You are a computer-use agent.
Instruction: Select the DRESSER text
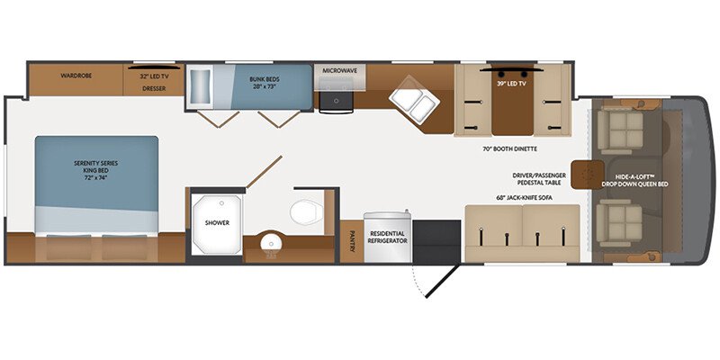155,89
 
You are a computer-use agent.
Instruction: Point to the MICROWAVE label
338,70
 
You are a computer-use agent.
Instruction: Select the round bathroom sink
267,243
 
